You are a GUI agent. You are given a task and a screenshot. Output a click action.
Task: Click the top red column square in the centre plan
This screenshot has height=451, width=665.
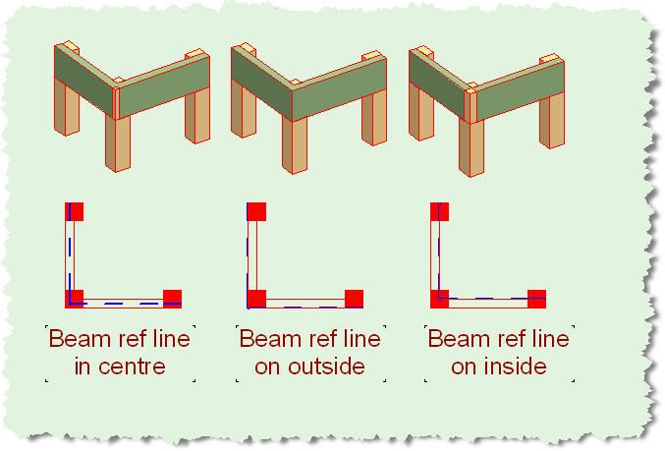tap(75, 210)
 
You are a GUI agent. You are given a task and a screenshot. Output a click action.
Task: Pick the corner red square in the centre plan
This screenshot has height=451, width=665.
tap(75, 297)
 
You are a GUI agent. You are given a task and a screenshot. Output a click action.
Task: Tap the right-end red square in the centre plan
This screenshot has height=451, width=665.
tap(172, 297)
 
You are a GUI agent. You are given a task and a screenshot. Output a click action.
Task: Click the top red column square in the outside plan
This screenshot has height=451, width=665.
tap(256, 210)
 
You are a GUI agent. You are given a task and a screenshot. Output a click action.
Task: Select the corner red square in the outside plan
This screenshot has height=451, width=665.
tap(256, 297)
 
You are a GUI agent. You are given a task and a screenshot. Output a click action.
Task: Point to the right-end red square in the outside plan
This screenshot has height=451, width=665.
tap(354, 297)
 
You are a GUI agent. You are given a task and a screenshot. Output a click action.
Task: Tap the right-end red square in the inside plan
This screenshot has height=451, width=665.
tap(536, 297)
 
